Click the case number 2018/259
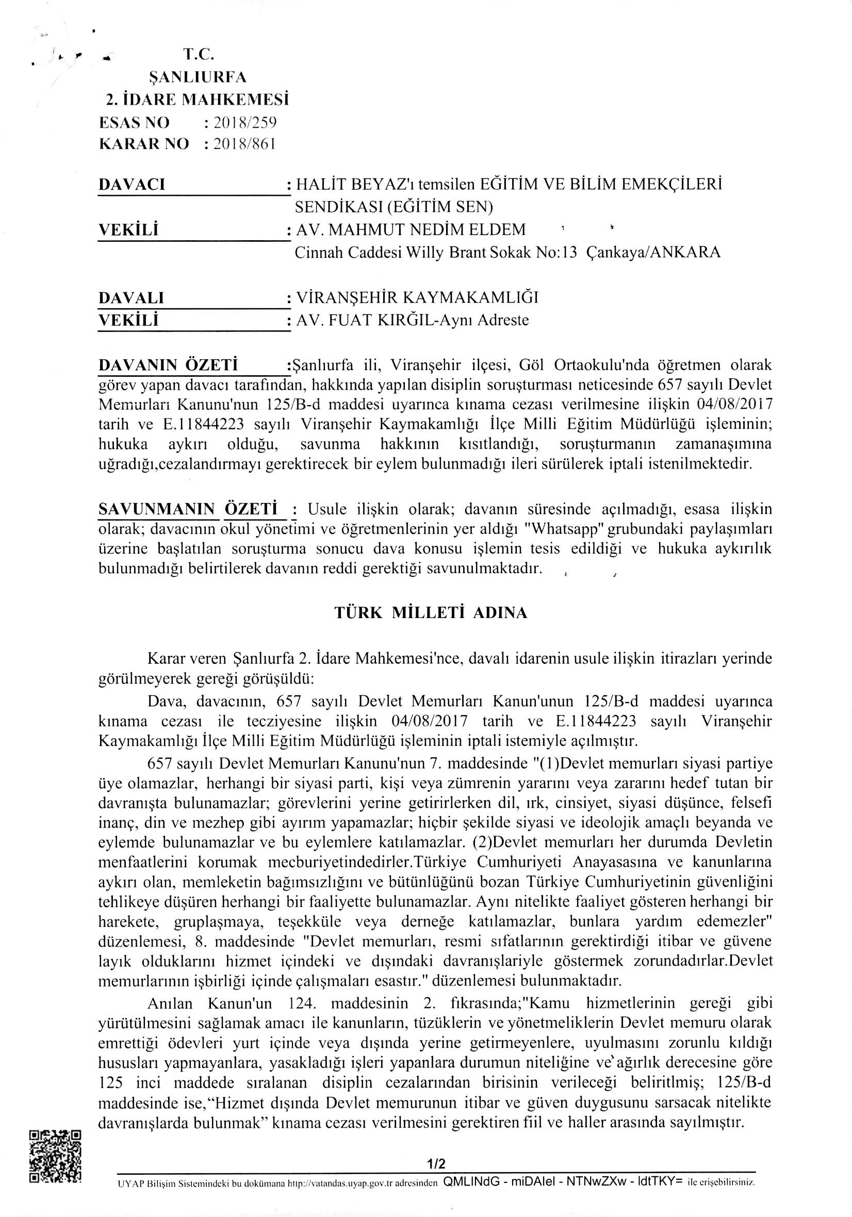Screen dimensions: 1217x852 point(244,123)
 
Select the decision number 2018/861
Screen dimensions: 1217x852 point(244,144)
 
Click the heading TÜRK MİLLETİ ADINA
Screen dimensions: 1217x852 point(431,613)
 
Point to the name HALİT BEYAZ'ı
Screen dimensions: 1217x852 point(355,184)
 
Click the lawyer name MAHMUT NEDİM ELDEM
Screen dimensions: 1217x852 point(427,229)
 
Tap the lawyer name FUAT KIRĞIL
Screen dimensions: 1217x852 point(380,320)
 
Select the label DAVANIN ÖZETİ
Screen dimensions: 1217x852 point(168,365)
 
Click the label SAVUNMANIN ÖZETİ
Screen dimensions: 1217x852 point(188,509)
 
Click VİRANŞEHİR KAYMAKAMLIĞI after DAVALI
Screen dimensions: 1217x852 point(417,297)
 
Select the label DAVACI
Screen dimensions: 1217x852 point(132,185)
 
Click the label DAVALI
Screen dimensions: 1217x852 point(132,298)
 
